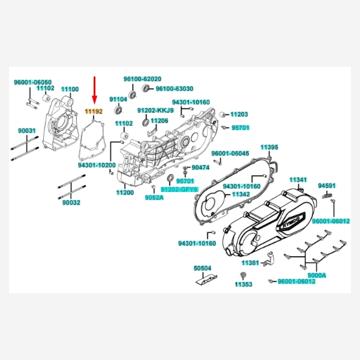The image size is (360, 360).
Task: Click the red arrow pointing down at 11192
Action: click(x=94, y=90)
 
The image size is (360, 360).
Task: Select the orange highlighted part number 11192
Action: click(x=94, y=111)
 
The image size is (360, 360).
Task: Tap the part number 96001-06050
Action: click(x=33, y=82)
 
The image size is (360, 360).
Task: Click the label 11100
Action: click(x=70, y=89)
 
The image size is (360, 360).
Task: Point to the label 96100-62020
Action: click(x=142, y=79)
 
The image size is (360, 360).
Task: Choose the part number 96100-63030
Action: click(x=175, y=89)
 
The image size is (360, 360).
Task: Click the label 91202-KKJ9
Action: click(x=155, y=110)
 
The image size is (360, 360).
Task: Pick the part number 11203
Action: click(x=239, y=114)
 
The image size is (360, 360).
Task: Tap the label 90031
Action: click(x=26, y=130)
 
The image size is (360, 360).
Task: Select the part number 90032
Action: click(x=71, y=202)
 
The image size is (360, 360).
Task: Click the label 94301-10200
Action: click(x=97, y=164)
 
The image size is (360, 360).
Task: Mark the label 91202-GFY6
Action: click(x=179, y=189)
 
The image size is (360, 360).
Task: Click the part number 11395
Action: click(x=269, y=147)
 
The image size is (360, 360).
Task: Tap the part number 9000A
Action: click(x=316, y=275)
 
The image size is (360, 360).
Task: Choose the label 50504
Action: click(x=202, y=268)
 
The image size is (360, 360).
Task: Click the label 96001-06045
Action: click(x=230, y=154)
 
